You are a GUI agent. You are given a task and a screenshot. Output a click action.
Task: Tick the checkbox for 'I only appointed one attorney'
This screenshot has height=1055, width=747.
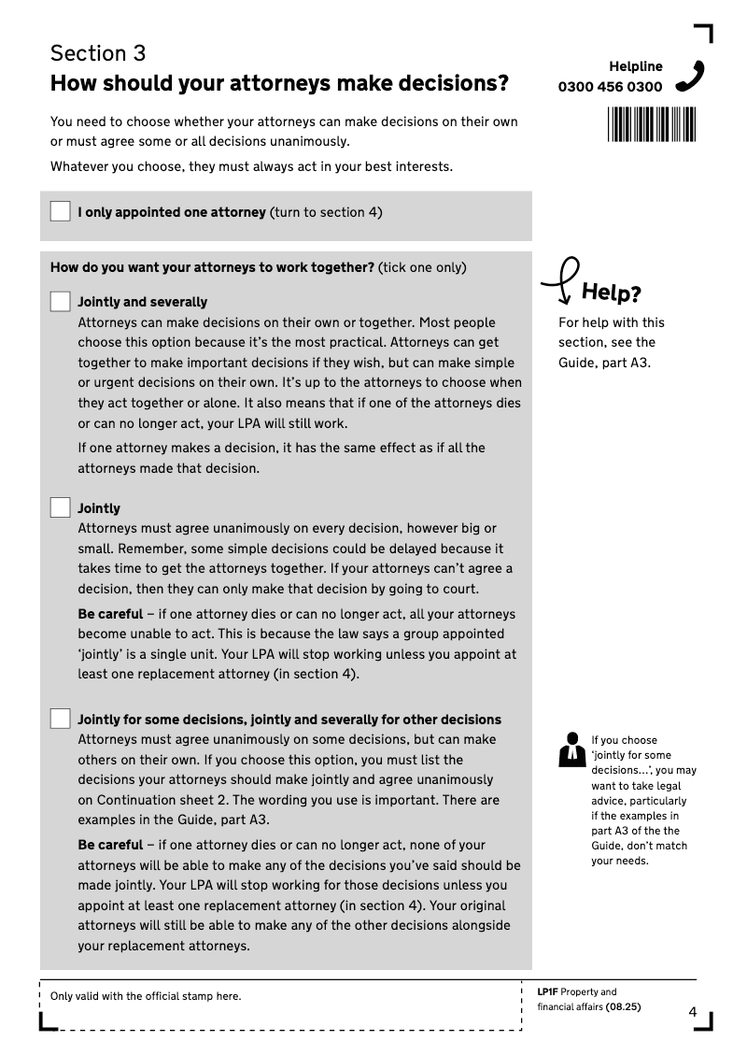pyautogui.click(x=61, y=211)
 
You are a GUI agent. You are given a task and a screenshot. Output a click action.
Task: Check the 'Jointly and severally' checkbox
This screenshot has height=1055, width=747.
pyautogui.click(x=61, y=301)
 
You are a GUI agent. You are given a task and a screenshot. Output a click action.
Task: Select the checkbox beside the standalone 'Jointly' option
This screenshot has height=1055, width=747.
pyautogui.click(x=61, y=507)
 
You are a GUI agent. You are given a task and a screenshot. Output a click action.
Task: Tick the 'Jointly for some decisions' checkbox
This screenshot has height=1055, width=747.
pyautogui.click(x=61, y=719)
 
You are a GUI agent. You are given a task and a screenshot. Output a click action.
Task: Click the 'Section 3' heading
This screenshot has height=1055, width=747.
pyautogui.click(x=98, y=53)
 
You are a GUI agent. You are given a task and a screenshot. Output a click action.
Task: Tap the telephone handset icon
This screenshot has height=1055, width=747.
pyautogui.click(x=689, y=76)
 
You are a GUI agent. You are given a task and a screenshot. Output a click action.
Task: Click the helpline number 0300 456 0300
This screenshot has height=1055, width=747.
pyautogui.click(x=610, y=87)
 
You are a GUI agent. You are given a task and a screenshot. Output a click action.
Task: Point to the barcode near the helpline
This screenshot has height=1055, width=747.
pyautogui.click(x=652, y=123)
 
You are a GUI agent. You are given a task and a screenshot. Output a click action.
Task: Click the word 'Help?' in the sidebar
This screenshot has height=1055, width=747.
pyautogui.click(x=611, y=293)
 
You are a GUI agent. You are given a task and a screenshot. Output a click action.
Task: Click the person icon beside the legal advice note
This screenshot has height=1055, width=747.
pyautogui.click(x=570, y=750)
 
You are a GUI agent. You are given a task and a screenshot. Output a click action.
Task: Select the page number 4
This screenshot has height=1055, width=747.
pyautogui.click(x=693, y=1012)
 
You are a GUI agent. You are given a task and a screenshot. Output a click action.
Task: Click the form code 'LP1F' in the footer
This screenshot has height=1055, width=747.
pyautogui.click(x=547, y=992)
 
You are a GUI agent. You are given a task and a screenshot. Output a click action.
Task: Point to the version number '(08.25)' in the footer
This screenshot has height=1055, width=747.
pyautogui.click(x=623, y=1007)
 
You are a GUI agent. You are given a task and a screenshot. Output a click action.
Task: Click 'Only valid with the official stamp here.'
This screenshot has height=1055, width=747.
pyautogui.click(x=146, y=996)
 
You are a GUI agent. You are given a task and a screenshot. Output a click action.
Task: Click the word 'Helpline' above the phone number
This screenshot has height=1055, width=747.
pyautogui.click(x=636, y=66)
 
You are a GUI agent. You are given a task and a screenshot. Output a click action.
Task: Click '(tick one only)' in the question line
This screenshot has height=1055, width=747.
pyautogui.click(x=422, y=267)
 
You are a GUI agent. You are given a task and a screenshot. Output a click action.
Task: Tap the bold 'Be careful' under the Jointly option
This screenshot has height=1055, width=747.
pyautogui.click(x=110, y=614)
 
